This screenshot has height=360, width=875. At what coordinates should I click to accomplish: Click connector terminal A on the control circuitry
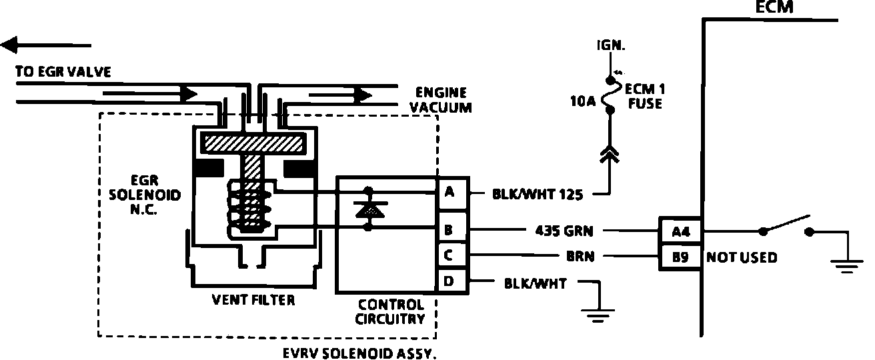[453, 193]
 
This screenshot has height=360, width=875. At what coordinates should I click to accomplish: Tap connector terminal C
[453, 255]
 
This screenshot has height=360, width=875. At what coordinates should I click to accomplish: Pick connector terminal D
[453, 281]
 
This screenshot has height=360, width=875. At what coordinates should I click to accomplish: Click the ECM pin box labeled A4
[680, 231]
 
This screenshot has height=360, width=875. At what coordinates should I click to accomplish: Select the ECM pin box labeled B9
[680, 257]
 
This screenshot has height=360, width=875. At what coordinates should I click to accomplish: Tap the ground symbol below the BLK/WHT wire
[598, 315]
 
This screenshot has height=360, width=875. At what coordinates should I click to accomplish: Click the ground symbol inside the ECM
[847, 266]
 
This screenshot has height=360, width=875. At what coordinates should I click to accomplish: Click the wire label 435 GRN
[564, 231]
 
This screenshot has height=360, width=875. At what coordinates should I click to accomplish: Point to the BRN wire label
[580, 257]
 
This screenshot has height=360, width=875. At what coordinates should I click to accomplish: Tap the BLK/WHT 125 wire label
[538, 194]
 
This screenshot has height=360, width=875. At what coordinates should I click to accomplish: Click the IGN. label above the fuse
[611, 46]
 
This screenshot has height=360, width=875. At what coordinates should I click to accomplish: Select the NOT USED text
[742, 257]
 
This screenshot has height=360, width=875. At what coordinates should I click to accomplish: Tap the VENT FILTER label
[253, 300]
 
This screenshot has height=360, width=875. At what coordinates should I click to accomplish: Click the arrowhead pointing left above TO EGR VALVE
[9, 45]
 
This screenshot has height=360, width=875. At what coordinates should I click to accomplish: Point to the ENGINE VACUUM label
[441, 100]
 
